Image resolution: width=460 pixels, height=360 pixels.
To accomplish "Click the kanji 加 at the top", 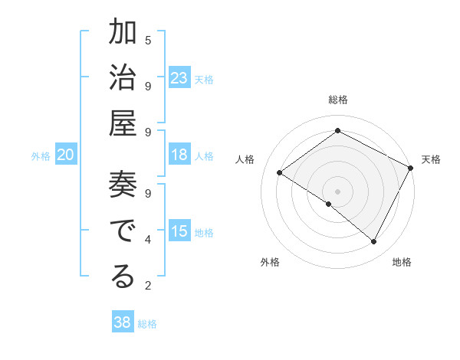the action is [x=123, y=33].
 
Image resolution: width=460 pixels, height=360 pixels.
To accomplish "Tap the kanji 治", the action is [x=123, y=79].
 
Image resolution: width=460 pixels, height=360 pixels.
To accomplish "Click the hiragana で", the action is [x=123, y=231].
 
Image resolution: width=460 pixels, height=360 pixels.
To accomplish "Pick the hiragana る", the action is [x=123, y=277].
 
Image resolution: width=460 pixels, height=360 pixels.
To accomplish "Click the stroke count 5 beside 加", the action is [x=148, y=40].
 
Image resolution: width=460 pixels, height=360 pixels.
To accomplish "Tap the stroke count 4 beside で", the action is [x=148, y=240].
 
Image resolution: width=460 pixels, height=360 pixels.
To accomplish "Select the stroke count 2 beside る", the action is [x=148, y=286].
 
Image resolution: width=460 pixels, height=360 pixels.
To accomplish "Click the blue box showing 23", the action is [x=179, y=78].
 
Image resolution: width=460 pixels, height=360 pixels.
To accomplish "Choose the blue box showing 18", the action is [x=179, y=155].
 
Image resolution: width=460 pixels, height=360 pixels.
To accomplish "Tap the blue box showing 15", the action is [x=179, y=232].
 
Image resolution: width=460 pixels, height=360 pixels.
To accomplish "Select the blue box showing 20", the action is [x=66, y=155].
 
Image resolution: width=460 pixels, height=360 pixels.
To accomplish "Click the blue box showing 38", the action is [x=123, y=322].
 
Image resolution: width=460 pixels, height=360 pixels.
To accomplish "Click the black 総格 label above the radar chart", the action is [x=337, y=100].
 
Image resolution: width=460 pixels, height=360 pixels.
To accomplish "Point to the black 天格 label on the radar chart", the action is [x=431, y=159].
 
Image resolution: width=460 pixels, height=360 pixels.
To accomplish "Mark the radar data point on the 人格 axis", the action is [x=280, y=172].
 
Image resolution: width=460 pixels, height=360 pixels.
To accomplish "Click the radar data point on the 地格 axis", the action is [x=374, y=242].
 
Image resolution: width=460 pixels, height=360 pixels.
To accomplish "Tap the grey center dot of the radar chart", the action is [x=337, y=191].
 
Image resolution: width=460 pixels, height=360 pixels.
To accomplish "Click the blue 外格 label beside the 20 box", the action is [x=41, y=156].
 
